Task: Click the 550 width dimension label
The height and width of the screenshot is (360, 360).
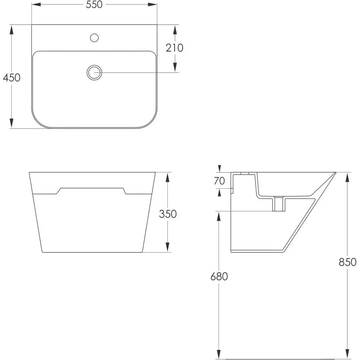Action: pyautogui.click(x=94, y=5)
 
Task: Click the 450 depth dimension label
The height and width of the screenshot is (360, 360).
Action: pyautogui.click(x=12, y=77)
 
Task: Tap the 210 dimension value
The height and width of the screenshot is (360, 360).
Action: pyautogui.click(x=175, y=48)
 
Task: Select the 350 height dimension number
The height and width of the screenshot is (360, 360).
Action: pyautogui.click(x=168, y=214)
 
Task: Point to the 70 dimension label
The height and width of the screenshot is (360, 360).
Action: pyautogui.click(x=219, y=181)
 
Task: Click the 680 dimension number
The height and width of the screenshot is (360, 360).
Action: pyautogui.click(x=219, y=276)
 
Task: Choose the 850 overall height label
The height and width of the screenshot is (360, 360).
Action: pyautogui.click(x=348, y=262)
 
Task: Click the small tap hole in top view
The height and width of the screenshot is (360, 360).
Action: pyautogui.click(x=94, y=38)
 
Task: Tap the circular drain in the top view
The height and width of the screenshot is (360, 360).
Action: pyautogui.click(x=94, y=72)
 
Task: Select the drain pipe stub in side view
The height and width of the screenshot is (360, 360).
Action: pyautogui.click(x=278, y=204)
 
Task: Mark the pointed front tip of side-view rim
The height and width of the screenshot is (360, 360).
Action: pyautogui.click(x=335, y=173)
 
